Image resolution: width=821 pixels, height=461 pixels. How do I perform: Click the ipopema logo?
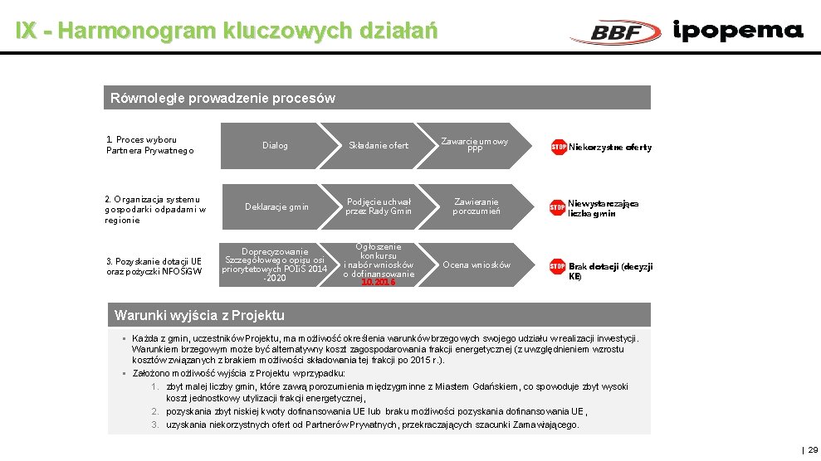coord(738,32)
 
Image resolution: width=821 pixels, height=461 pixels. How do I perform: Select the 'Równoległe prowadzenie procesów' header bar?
coord(378,98)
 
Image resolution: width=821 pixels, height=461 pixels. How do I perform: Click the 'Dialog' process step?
coord(275,146)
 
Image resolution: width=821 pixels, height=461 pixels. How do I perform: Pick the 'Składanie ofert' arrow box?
coord(378,146)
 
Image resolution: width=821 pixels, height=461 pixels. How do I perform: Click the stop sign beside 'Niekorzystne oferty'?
coord(559,148)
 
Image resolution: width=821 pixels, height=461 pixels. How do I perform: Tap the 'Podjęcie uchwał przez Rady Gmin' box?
coord(379,206)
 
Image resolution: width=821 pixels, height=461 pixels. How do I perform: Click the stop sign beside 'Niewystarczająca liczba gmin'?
coord(557,207)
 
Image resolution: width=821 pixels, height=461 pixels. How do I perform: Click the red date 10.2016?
coord(378,283)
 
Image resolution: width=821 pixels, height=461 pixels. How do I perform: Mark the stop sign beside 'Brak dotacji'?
coord(558,266)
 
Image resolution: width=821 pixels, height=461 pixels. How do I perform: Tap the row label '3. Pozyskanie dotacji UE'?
coord(154,267)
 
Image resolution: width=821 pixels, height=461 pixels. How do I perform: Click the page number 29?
coord(814,449)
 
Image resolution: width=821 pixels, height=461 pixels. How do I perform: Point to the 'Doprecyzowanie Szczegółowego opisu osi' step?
coord(275,264)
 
